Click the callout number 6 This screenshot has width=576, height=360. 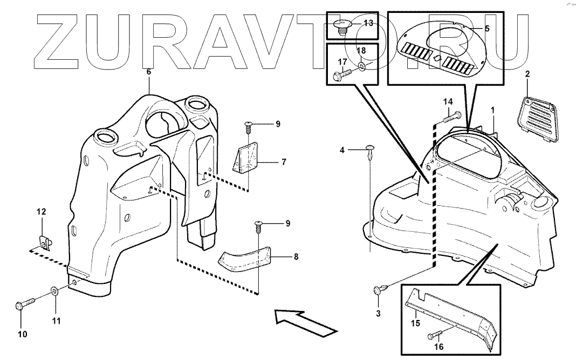149,71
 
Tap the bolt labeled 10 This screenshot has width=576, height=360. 24,303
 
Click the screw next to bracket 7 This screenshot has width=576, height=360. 248,128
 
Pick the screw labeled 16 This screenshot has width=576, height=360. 435,335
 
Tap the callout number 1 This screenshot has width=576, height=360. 492,109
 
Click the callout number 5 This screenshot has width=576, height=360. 486,28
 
